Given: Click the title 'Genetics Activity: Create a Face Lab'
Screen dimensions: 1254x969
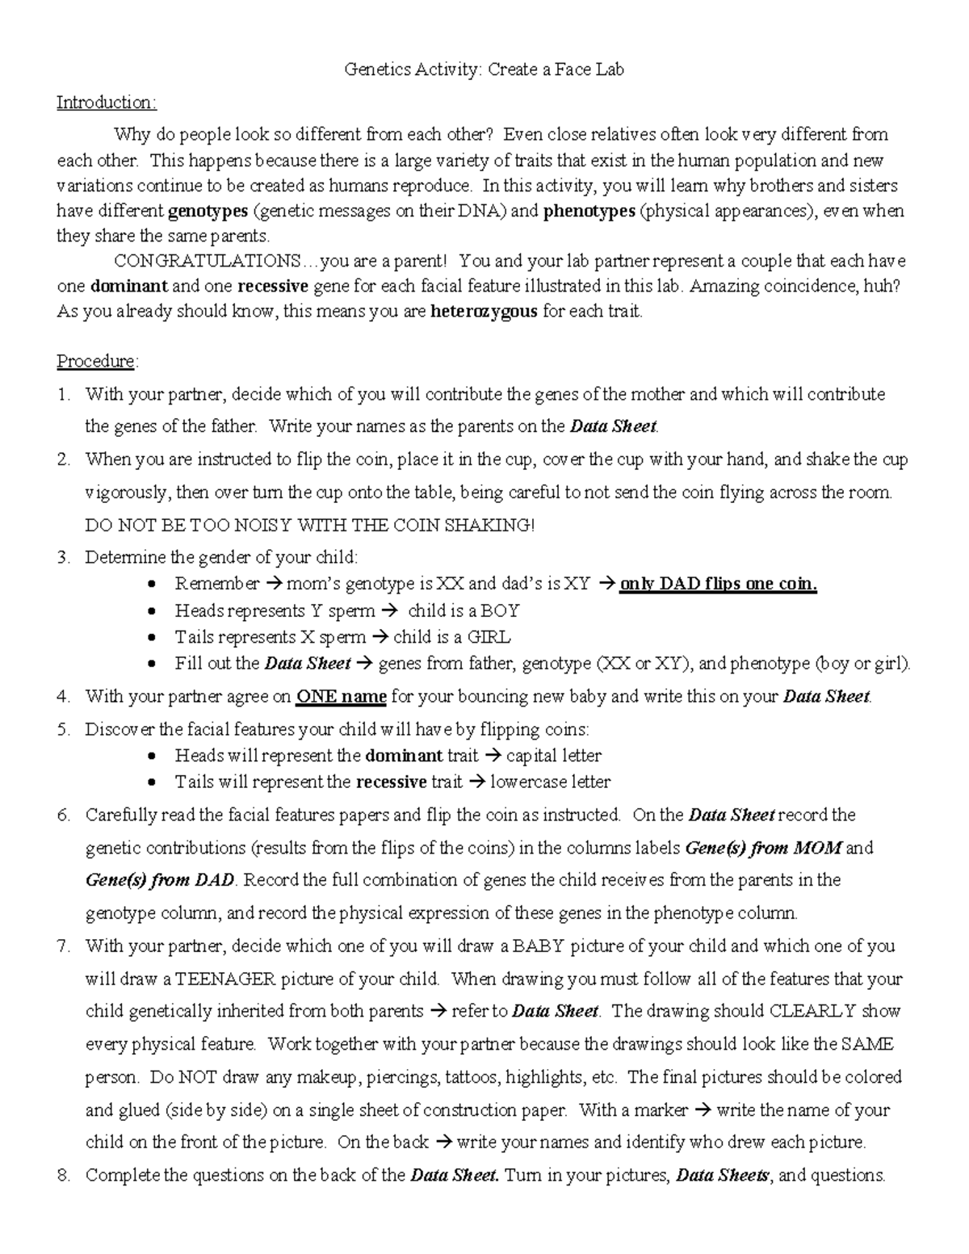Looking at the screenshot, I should pos(484,69).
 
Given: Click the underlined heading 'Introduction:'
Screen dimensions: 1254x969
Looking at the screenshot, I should pos(106,103).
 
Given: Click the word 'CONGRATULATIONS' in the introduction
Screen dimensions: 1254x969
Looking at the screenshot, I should pos(208,261).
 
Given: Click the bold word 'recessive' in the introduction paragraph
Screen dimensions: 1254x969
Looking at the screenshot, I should pos(272,286).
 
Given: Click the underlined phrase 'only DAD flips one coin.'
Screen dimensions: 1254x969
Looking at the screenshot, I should pos(718,584).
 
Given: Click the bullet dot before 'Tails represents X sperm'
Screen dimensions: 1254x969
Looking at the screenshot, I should pos(153,638).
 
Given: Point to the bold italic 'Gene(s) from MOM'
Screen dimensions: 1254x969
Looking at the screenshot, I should pos(763,848).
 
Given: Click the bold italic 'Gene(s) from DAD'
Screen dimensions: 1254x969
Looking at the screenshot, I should pos(160,879).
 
